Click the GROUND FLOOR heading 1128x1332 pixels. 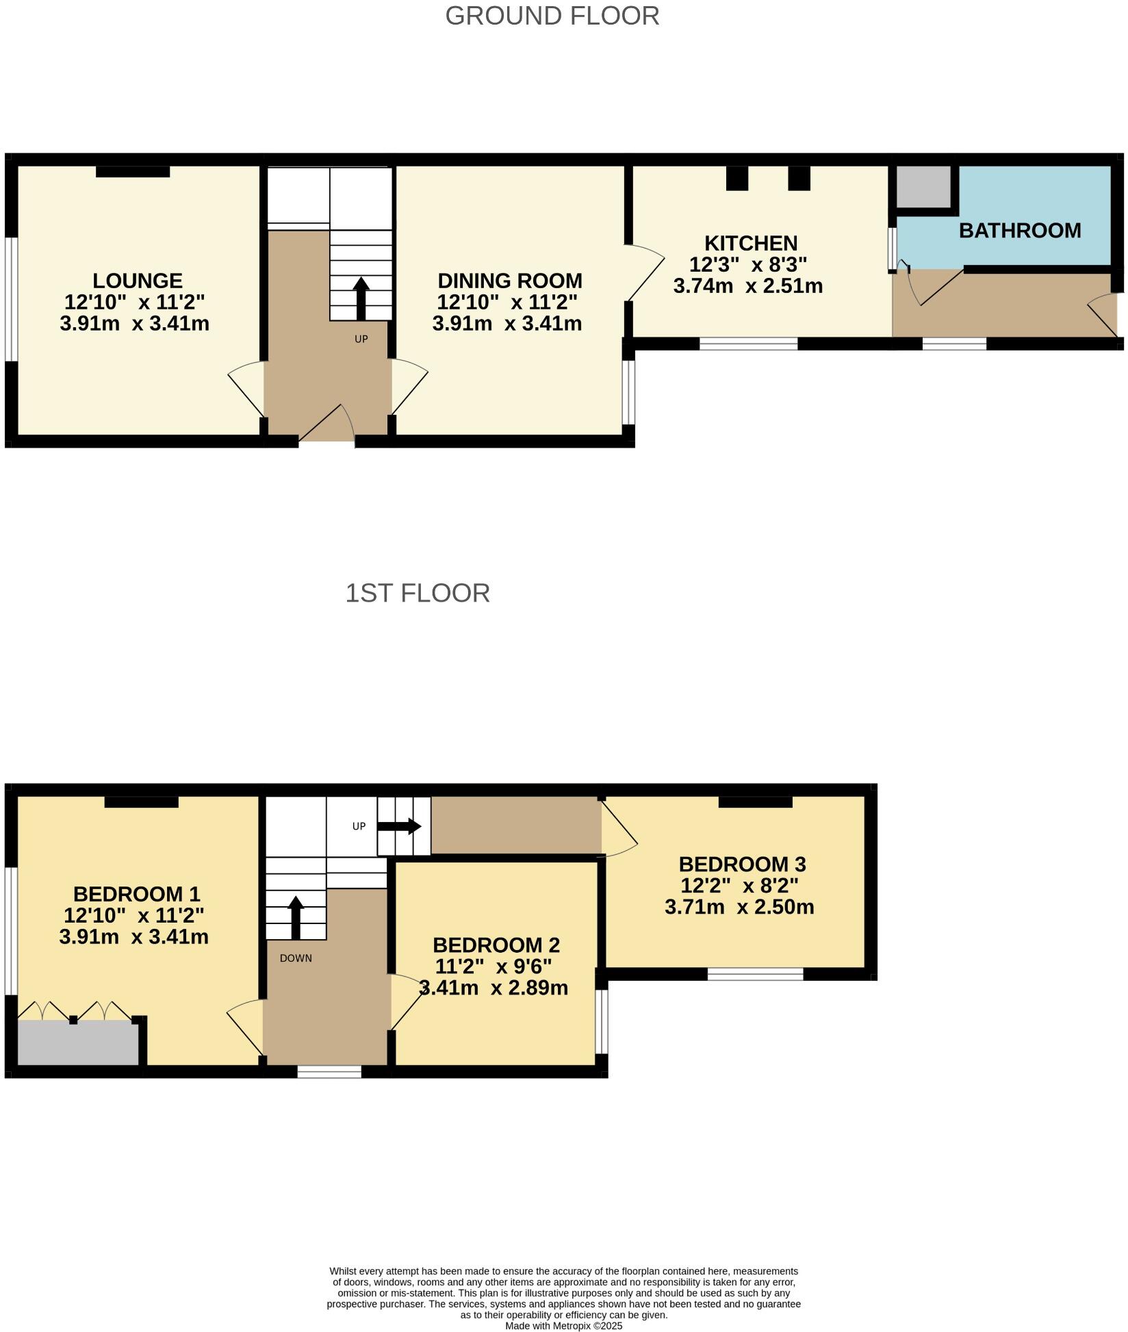coord(552,16)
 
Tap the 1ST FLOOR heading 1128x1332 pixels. coord(417,593)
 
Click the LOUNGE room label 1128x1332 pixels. coord(137,281)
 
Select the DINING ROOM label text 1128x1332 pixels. coord(509,281)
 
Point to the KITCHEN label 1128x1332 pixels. coord(750,243)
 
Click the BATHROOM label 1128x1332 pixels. coord(1019,231)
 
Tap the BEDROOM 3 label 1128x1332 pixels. coord(741,864)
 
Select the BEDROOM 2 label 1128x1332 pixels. coord(496,945)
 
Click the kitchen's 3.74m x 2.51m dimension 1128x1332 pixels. coord(747,286)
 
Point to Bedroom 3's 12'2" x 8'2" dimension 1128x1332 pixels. coord(739,886)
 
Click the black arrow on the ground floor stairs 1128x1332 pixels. coord(361,298)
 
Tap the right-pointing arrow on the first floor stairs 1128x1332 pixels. coord(399,826)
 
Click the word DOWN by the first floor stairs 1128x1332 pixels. coord(296,958)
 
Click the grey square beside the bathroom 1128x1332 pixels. coord(923,186)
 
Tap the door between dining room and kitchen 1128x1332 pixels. coord(645,272)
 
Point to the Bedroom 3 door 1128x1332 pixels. coord(619,828)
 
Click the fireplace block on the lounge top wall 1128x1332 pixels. coord(132,171)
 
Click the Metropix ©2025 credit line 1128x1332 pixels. coord(563,1326)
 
